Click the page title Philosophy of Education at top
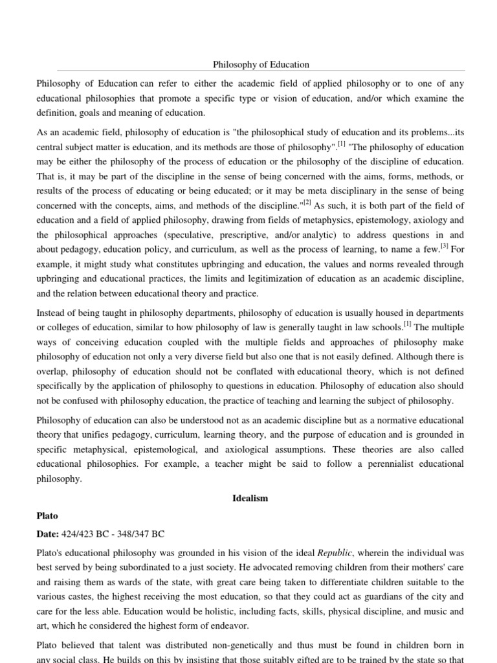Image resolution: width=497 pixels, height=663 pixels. pos(261,65)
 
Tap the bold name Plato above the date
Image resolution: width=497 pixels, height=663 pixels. pos(47,516)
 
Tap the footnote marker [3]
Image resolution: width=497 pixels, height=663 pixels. pos(444,247)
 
